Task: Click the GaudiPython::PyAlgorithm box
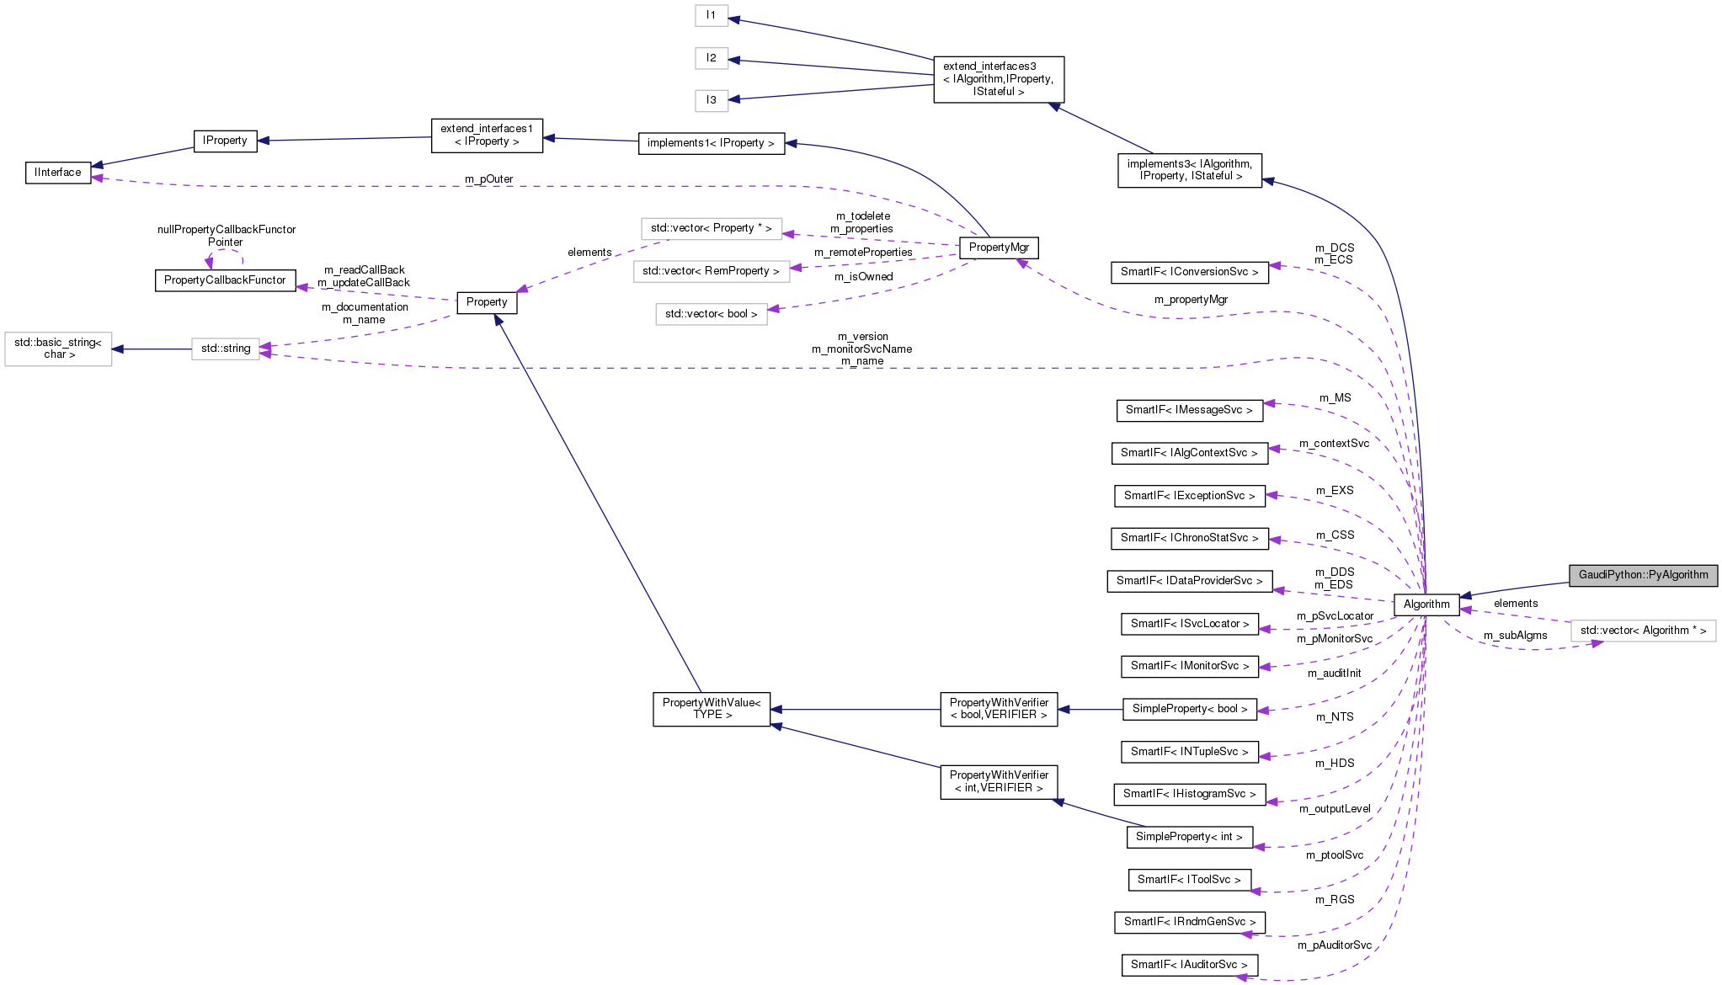tap(1642, 575)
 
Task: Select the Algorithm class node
tap(1426, 604)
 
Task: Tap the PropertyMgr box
tap(999, 248)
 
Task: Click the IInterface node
tap(58, 173)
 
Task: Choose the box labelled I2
tap(712, 58)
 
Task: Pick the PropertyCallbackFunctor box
tap(225, 280)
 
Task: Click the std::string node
tap(225, 349)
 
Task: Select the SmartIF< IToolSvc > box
tap(1188, 880)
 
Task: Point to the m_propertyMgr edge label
tap(1191, 300)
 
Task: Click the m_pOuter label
tap(488, 179)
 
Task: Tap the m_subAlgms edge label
tap(1515, 636)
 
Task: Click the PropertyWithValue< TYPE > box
tap(712, 709)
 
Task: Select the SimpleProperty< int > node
tap(1188, 837)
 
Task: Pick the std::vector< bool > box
tap(711, 314)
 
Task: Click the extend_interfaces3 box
tap(998, 79)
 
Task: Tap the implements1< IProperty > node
tap(711, 143)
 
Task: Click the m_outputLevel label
tap(1335, 809)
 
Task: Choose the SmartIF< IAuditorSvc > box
tap(1188, 965)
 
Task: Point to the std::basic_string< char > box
tap(58, 349)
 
